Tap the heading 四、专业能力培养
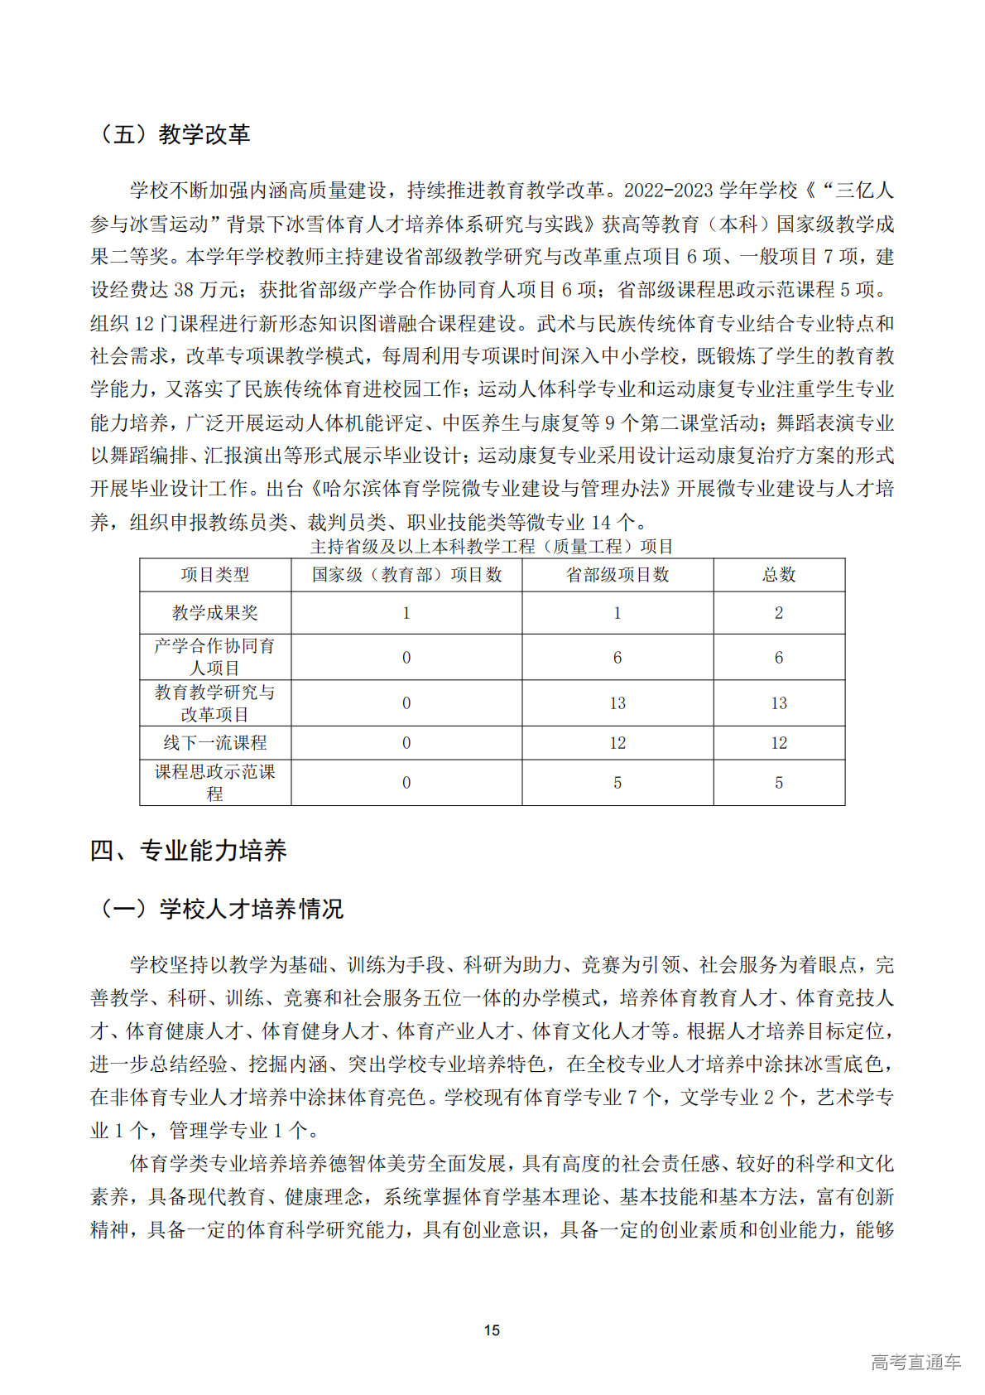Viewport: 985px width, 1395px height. [189, 851]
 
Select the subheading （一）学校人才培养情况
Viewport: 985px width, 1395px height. [219, 909]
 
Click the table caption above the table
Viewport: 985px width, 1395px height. [492, 546]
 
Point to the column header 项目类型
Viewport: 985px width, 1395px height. [215, 575]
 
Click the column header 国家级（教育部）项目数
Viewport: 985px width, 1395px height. [406, 575]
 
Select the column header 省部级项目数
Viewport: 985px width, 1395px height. [617, 575]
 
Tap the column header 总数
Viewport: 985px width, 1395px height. [779, 575]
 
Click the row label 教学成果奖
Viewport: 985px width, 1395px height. [215, 613]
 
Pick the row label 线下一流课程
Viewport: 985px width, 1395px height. [215, 743]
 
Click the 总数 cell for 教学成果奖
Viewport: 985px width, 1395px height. [779, 613]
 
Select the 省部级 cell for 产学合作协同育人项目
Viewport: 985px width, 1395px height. [617, 658]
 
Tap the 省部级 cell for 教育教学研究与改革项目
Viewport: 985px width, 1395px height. [617, 703]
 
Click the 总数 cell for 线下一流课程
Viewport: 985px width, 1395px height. [779, 743]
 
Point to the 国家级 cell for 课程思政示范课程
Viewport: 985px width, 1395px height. [406, 783]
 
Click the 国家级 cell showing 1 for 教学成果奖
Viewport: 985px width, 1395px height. [406, 613]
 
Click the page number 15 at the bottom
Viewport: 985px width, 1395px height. [492, 1330]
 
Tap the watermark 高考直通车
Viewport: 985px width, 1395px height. [915, 1362]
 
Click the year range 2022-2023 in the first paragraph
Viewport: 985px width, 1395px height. [668, 191]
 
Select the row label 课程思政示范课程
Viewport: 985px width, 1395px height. [215, 783]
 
